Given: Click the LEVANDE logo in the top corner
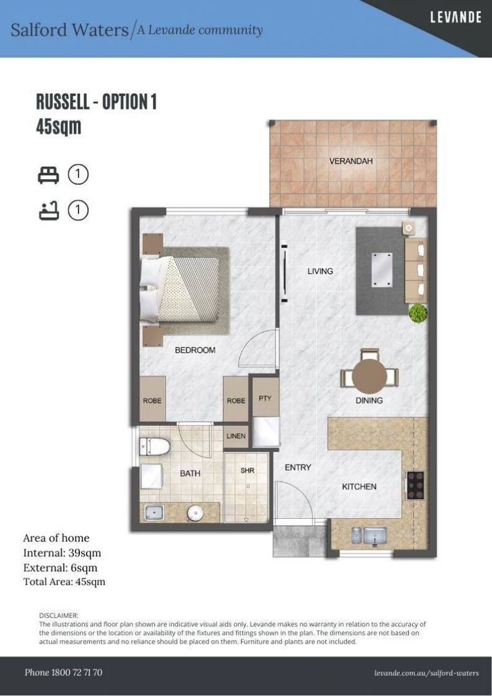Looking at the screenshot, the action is pyautogui.click(x=456, y=17).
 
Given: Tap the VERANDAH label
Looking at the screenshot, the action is pyautogui.click(x=351, y=160).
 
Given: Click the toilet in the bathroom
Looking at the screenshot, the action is pyautogui.click(x=155, y=446).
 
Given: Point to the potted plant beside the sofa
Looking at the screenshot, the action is pyautogui.click(x=418, y=313).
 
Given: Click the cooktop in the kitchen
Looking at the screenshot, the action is pyautogui.click(x=416, y=485).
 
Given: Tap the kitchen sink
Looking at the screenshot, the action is pyautogui.click(x=369, y=535).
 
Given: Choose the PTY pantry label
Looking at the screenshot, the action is pyautogui.click(x=265, y=398).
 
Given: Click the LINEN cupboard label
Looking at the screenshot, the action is pyautogui.click(x=236, y=436).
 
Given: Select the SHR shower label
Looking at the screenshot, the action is pyautogui.click(x=247, y=470).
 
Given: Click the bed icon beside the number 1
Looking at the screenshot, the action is pyautogui.click(x=48, y=175).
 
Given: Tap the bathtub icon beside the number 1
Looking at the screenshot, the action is pyautogui.click(x=48, y=210).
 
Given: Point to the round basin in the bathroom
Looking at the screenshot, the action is pyautogui.click(x=195, y=514).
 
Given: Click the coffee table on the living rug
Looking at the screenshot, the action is pyautogui.click(x=382, y=269).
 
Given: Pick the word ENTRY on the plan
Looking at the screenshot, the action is pyautogui.click(x=298, y=467).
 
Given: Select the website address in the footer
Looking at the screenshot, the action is pyautogui.click(x=426, y=673).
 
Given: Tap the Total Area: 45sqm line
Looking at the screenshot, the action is pyautogui.click(x=64, y=581).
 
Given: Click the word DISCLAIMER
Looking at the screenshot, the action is pyautogui.click(x=59, y=615).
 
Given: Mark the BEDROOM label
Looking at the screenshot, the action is pyautogui.click(x=195, y=350).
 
